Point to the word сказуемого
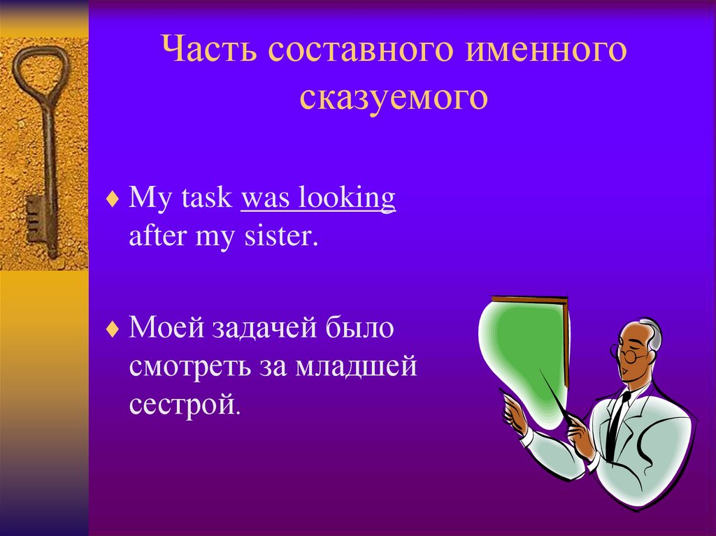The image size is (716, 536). click(394, 98)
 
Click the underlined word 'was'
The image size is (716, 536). click(264, 198)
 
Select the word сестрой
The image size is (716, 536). click(184, 405)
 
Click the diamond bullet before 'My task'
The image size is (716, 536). click(113, 199)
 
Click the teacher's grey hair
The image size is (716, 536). click(654, 336)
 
